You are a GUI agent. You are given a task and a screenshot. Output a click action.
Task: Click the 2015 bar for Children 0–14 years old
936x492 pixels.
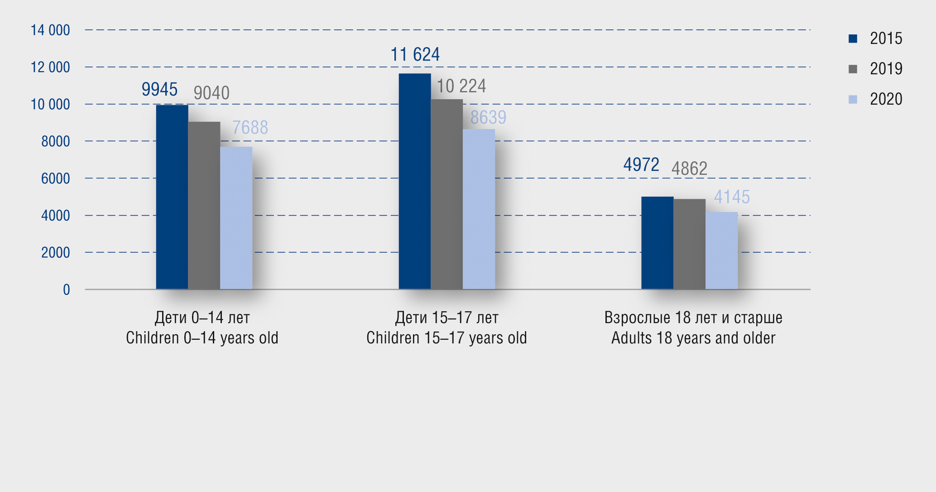172,197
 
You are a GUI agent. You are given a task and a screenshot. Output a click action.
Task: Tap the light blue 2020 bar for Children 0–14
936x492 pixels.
236,218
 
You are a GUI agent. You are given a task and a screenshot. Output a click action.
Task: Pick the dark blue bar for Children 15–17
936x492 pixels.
415,181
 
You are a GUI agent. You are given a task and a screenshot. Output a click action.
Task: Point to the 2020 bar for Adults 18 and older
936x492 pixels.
721,251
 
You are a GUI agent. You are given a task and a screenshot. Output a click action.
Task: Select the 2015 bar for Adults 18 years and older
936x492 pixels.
657,243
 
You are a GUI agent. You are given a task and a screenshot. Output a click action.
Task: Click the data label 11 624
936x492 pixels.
415,55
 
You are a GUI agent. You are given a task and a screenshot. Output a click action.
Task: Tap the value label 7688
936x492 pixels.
250,128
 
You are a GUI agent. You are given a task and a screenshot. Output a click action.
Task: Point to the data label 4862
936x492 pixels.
689,169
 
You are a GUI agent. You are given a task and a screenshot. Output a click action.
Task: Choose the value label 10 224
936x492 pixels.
461,86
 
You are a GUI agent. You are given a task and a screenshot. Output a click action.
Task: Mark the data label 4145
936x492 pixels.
732,197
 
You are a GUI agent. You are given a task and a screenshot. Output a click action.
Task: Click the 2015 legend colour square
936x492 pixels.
853,39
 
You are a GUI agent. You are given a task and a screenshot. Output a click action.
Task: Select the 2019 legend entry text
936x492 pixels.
886,69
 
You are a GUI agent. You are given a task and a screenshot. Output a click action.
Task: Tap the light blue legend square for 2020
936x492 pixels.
853,99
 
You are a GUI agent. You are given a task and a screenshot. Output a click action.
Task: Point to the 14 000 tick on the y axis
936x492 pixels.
50,30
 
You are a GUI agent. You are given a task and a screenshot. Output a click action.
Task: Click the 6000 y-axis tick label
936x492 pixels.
56,178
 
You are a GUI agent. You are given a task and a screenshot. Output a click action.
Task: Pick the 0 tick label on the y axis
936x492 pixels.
67,289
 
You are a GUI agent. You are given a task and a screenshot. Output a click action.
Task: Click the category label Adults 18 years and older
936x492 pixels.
693,338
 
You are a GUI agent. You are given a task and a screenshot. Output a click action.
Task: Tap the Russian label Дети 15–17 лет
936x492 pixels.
446,318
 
